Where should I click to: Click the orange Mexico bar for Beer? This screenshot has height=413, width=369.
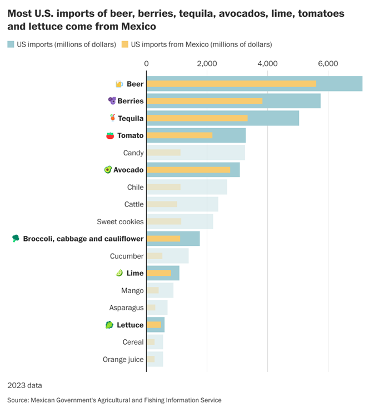click(231, 84)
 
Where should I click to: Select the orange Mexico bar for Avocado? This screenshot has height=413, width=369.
click(188, 170)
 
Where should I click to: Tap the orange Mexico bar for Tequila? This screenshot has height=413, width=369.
click(197, 118)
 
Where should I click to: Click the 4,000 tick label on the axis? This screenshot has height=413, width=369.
click(267, 64)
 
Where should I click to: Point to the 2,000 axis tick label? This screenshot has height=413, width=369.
click(207, 64)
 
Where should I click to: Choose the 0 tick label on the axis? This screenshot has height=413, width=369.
click(147, 64)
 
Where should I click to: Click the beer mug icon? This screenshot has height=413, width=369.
click(119, 84)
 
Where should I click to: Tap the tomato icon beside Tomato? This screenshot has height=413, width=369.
click(110, 135)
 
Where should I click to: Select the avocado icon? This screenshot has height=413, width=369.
click(108, 170)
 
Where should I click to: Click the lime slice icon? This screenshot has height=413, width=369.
click(119, 273)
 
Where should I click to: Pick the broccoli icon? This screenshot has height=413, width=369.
click(16, 239)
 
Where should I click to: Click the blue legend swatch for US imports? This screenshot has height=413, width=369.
click(11, 44)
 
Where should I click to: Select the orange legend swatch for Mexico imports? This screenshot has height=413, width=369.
click(124, 44)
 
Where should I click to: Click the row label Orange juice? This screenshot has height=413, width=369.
click(123, 359)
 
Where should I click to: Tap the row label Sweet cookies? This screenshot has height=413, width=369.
click(120, 221)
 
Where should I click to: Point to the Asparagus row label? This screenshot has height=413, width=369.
click(127, 308)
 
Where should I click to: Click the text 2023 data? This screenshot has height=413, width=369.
click(24, 385)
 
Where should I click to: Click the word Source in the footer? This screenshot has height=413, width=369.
click(18, 400)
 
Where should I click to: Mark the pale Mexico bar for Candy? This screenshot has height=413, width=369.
click(163, 153)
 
